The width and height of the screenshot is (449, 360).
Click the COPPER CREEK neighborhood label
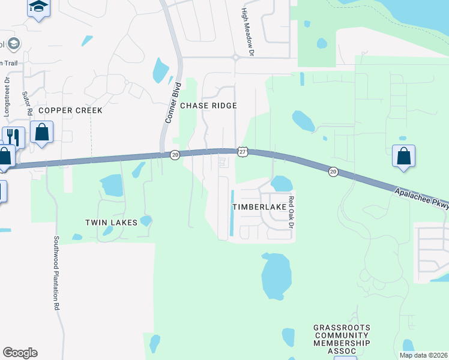71,110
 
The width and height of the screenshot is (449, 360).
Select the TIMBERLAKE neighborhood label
259,206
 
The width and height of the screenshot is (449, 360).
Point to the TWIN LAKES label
111,223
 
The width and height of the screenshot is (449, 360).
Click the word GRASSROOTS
342,328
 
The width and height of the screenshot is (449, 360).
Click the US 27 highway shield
241,152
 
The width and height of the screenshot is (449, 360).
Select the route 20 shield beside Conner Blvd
175,154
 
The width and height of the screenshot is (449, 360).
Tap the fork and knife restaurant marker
13,137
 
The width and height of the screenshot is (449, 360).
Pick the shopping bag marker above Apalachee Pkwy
403,155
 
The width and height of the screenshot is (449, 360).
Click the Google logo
20,353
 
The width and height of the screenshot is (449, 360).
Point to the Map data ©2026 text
423,355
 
